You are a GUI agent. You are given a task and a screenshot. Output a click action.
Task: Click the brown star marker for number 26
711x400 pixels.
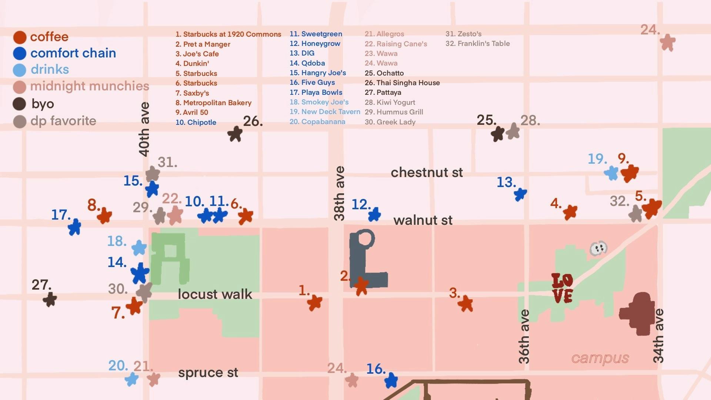(x=235, y=134)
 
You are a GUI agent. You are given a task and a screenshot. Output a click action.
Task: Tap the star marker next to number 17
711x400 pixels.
(x=74, y=227)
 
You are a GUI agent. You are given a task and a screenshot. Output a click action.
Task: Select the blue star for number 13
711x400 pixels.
(x=520, y=194)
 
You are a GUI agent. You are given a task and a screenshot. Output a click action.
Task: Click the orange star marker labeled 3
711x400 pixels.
(x=465, y=304)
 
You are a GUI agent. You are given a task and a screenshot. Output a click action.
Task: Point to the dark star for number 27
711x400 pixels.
(x=50, y=299)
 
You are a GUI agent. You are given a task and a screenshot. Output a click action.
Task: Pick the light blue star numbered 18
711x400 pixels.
(x=139, y=247)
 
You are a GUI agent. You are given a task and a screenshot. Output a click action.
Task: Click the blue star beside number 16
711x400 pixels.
(x=391, y=380)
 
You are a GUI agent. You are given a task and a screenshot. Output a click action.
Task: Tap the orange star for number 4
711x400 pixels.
(x=570, y=212)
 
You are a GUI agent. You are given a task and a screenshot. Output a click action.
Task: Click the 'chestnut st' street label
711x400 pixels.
(x=427, y=172)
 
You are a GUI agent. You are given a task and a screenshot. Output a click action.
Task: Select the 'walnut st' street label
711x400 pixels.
(x=423, y=220)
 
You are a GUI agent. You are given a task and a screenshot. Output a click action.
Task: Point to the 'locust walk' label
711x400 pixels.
(x=215, y=294)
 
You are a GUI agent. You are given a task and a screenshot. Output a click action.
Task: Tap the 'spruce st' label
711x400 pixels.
(x=208, y=373)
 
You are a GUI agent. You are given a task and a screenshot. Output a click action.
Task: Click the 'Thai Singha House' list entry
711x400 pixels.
(x=403, y=83)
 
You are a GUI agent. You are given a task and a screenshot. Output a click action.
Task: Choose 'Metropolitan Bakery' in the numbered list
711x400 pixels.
(x=214, y=103)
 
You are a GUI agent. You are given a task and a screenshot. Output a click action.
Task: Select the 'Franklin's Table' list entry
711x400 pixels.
(x=478, y=44)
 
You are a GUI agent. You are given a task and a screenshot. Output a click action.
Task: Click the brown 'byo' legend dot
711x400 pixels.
(x=19, y=104)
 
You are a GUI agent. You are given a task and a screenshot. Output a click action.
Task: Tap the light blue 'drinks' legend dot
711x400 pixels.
(x=19, y=70)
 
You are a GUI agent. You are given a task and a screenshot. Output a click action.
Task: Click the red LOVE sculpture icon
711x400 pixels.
(x=562, y=288)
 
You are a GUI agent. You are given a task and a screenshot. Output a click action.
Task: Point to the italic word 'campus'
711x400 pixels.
(x=600, y=358)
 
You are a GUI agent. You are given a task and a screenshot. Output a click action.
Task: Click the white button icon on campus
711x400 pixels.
(x=598, y=248)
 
